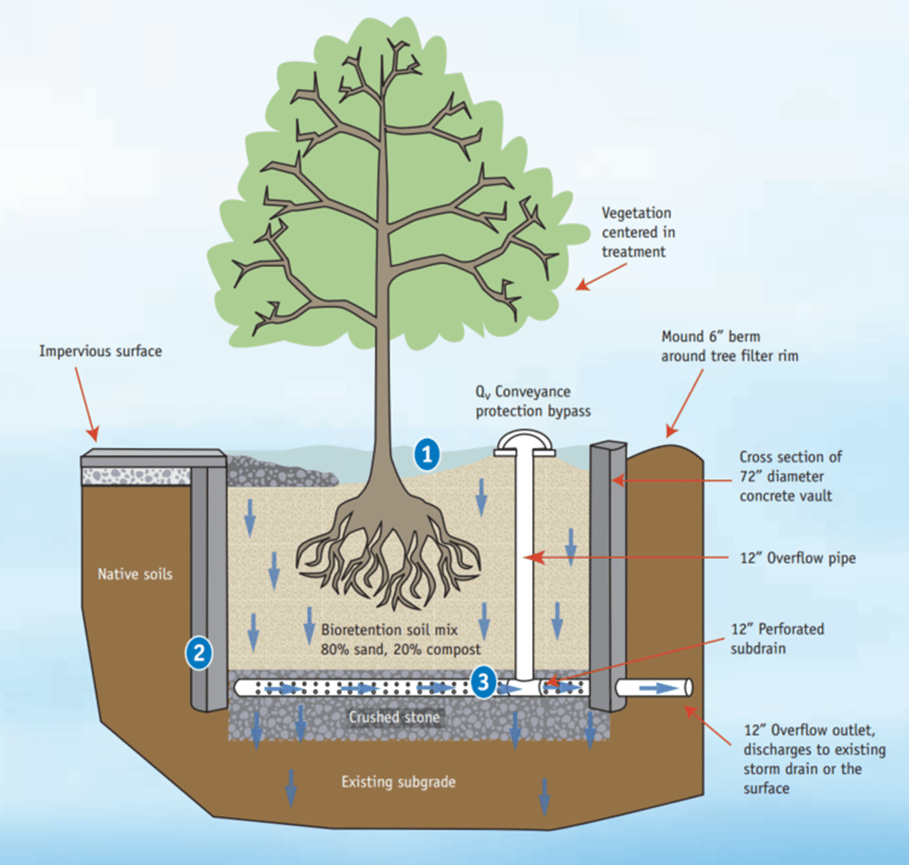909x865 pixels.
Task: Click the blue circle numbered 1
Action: (428, 456)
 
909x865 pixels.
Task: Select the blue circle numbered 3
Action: (482, 683)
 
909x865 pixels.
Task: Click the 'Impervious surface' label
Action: (100, 350)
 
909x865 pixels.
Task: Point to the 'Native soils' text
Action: (135, 574)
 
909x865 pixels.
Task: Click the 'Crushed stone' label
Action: (394, 718)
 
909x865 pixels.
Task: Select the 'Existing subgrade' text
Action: (398, 782)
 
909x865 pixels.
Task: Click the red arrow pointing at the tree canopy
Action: (601, 275)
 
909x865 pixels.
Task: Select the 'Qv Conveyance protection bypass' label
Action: (523, 401)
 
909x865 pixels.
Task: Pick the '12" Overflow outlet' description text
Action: (801, 759)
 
